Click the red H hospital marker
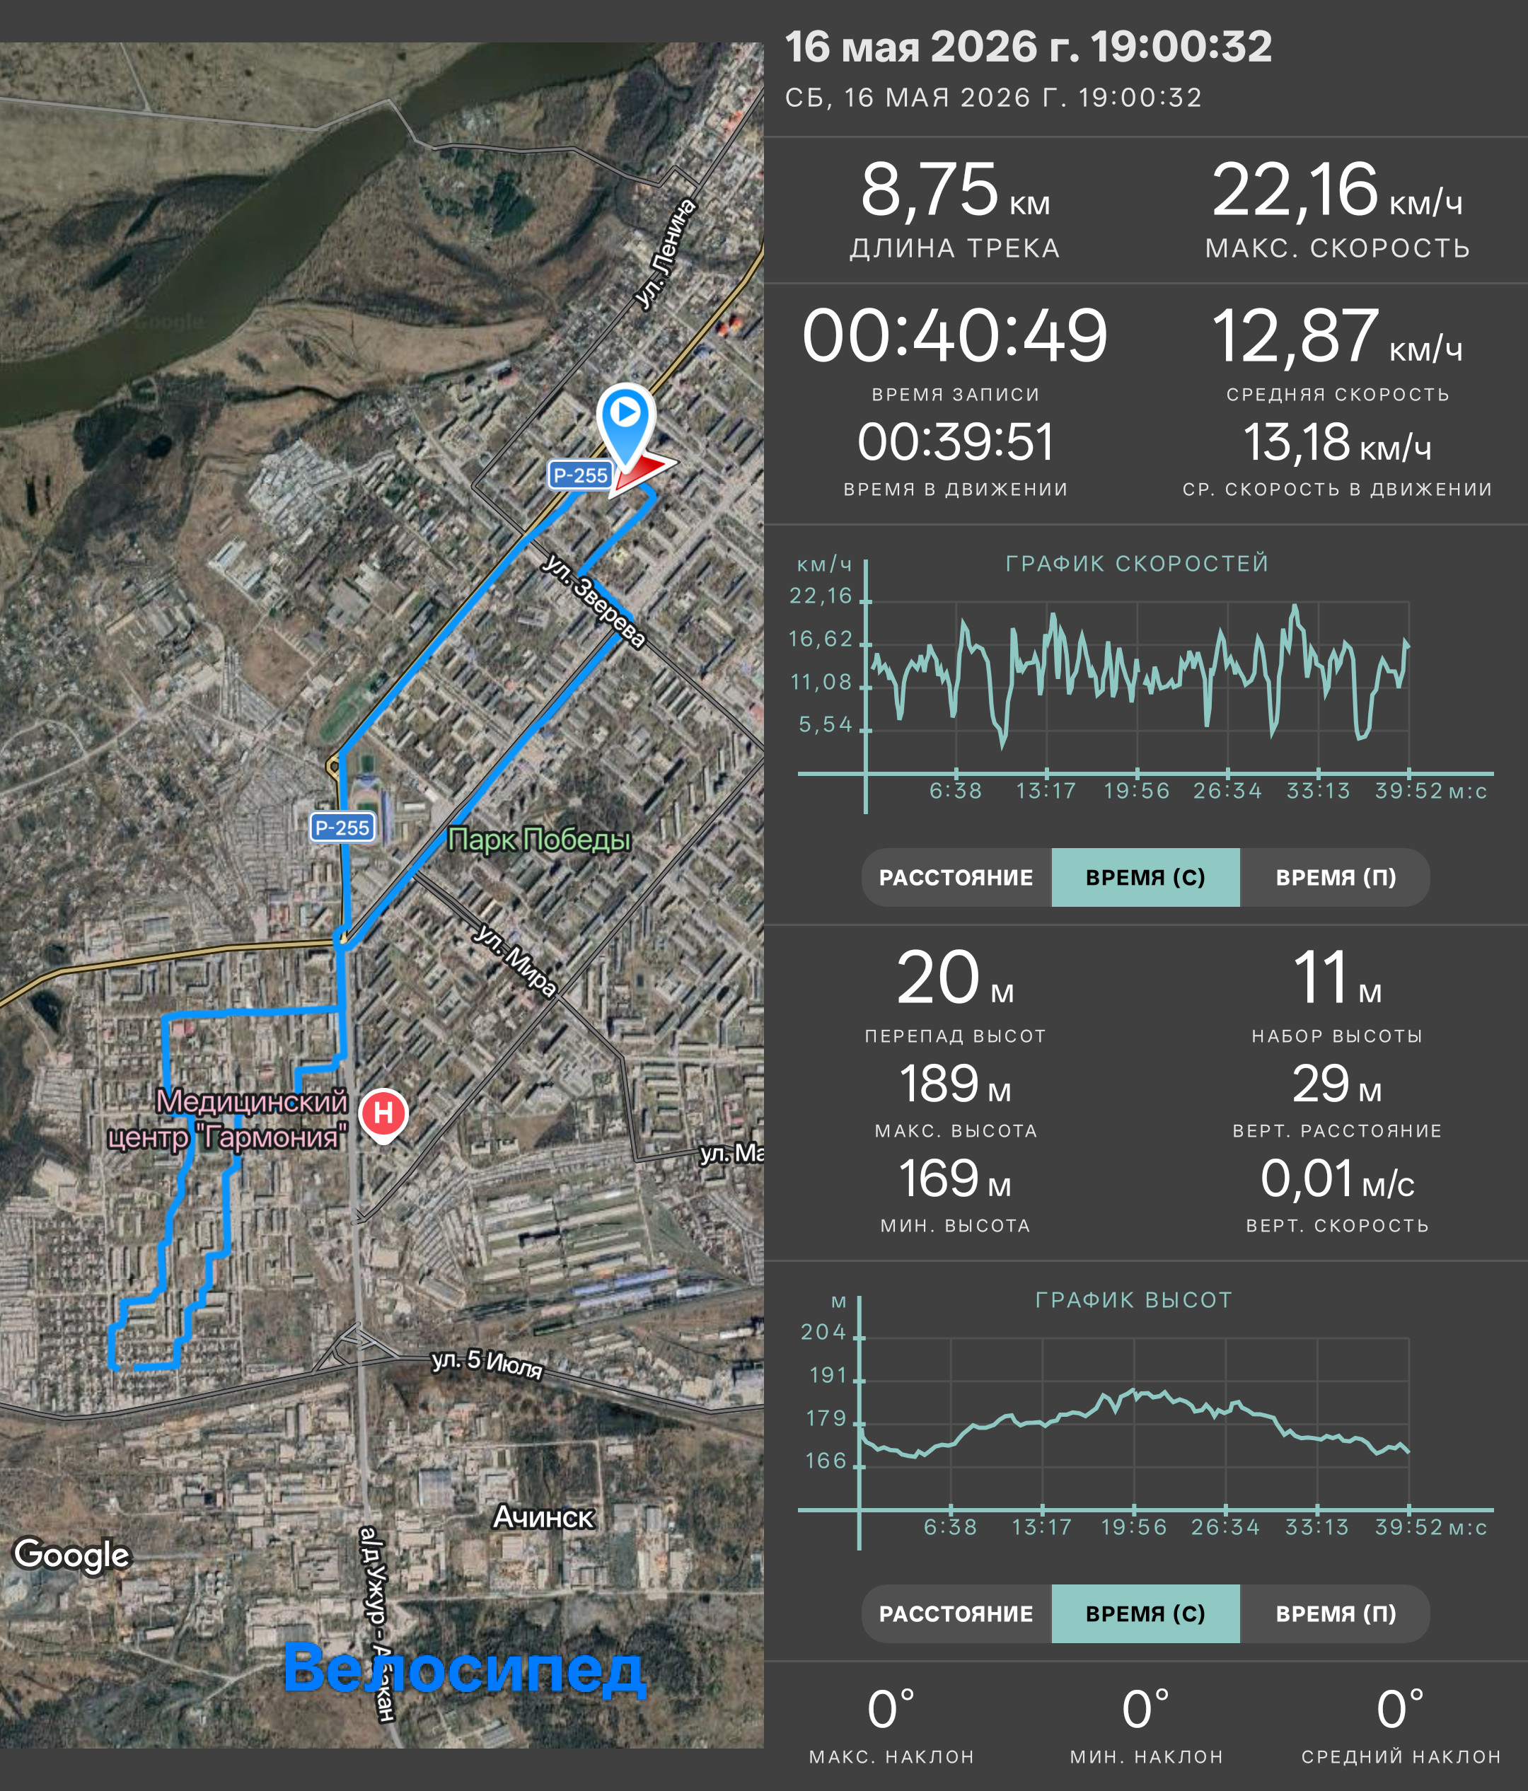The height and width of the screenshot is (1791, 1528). tap(383, 1114)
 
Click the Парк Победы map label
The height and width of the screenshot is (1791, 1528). tap(539, 840)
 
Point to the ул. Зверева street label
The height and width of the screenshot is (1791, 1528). tap(595, 601)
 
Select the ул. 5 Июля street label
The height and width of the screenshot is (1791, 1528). tap(487, 1363)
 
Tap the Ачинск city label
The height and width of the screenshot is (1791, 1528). tap(543, 1517)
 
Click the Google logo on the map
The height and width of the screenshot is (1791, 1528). tap(71, 1555)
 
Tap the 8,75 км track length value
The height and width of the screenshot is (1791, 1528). tap(955, 191)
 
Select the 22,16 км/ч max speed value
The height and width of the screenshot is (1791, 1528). tap(1337, 191)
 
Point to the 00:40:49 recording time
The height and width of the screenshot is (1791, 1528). tap(955, 336)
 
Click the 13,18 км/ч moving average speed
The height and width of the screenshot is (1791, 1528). tap(1337, 443)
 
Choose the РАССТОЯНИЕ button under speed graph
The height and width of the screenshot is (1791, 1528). tap(956, 877)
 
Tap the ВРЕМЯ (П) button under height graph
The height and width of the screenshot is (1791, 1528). tap(1336, 1613)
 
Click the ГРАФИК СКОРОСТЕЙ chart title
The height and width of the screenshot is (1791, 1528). tap(1138, 564)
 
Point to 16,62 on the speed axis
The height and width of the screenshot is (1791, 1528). tap(820, 639)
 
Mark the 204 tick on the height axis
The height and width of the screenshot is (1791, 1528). tap(823, 1332)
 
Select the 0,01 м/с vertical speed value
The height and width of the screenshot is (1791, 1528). tap(1337, 1179)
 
